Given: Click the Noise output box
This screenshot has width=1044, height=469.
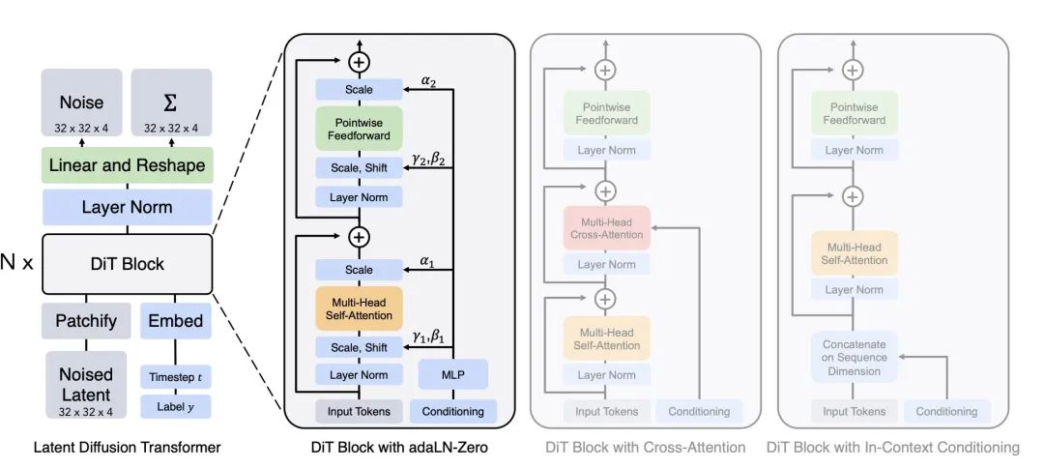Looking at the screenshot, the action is point(82,102).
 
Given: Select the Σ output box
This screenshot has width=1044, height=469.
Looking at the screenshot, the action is point(171,102).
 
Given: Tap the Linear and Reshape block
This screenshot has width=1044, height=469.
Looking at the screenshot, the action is point(127,165).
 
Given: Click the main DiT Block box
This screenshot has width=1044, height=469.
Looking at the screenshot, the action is point(128,264).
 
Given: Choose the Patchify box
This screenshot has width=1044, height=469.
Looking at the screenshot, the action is point(86,320).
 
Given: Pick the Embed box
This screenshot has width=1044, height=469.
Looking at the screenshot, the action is point(176,320).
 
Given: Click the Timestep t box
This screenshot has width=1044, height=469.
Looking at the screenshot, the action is point(176,377).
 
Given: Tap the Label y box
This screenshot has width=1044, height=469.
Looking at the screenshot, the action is point(176,406).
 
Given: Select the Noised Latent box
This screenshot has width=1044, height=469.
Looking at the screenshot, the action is point(86,385).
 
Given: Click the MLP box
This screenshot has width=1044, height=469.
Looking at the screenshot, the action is point(452,374).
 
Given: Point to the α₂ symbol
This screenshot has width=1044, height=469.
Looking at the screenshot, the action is point(427,81).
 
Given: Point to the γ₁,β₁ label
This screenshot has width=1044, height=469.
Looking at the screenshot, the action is point(427,337).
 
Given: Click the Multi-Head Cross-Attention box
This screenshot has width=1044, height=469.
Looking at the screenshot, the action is point(606,228).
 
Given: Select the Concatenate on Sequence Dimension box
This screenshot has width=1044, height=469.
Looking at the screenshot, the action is point(855,358).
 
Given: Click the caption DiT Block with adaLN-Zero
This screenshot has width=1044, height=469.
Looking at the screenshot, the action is point(399,447).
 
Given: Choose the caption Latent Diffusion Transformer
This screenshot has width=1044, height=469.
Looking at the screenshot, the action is point(128,447).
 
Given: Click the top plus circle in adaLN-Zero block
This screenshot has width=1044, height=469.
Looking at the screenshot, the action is point(359,62).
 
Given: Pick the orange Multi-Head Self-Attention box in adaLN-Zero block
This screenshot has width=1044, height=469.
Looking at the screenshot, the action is point(359,308).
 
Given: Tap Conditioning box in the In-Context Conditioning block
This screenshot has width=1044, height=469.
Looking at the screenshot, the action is point(946,411).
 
